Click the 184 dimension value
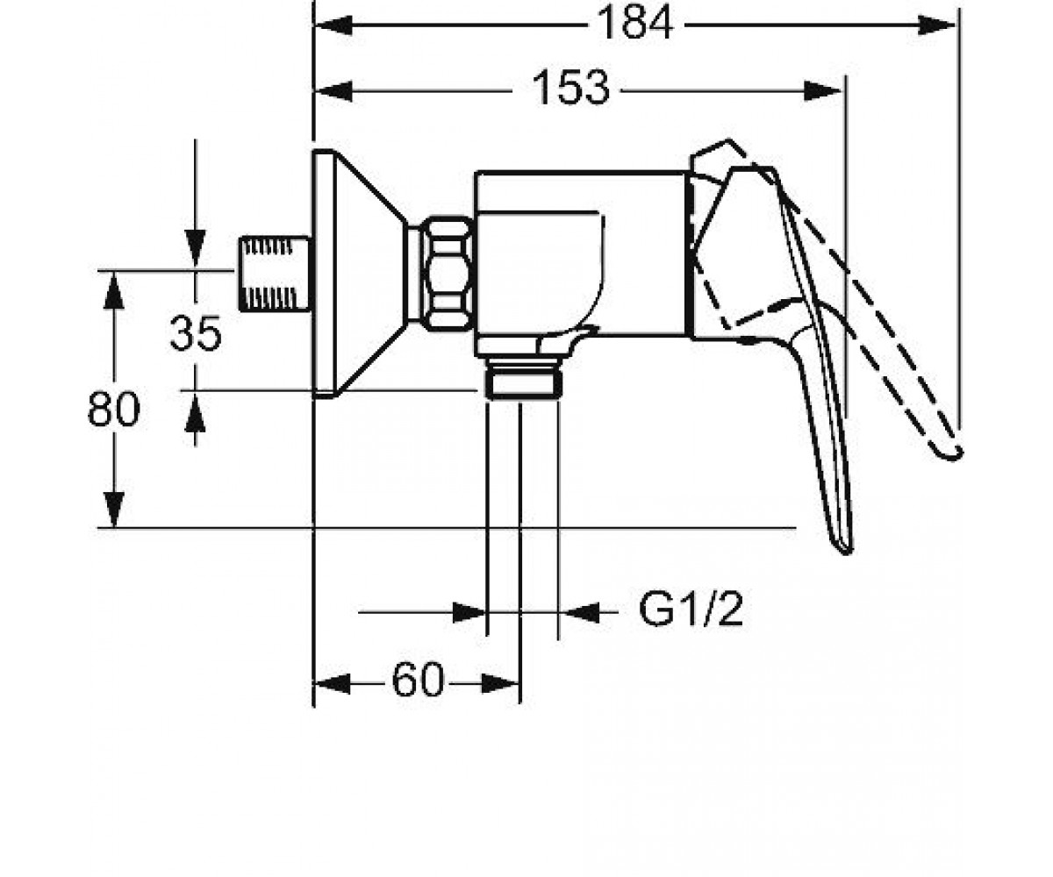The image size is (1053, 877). point(635,23)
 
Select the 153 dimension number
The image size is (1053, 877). point(571,89)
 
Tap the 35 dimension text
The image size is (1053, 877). point(196,333)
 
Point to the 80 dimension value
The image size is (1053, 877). point(113,409)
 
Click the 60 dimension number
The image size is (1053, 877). point(418,681)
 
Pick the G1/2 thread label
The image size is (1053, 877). point(691,609)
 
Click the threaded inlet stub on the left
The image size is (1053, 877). point(275,273)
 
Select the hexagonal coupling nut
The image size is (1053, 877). point(448,273)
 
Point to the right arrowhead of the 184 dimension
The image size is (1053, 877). point(936,25)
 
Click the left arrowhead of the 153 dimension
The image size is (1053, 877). point(333,91)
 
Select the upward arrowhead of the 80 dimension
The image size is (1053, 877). point(114,291)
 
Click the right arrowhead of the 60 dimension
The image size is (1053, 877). point(500,684)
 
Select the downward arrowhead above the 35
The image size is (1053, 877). point(195,248)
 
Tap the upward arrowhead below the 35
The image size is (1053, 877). point(195,413)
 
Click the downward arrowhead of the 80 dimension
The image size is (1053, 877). point(114,510)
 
